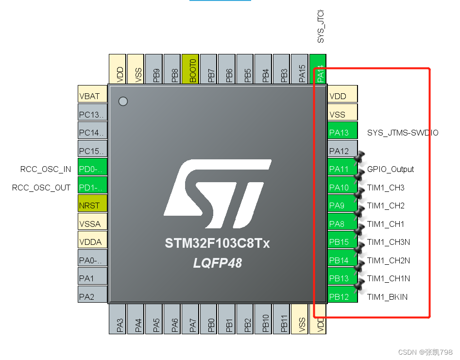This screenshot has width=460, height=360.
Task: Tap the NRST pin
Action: pos(92,206)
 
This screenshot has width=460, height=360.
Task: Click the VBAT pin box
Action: pos(92,96)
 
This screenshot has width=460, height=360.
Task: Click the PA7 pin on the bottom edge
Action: pos(192,319)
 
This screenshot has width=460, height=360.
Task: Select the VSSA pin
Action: pos(92,223)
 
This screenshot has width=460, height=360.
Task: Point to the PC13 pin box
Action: pos(92,114)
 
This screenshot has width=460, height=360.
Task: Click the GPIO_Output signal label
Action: pos(391,169)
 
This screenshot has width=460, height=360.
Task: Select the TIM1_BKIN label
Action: pos(387,297)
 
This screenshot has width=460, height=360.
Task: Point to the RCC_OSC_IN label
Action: pos(46,169)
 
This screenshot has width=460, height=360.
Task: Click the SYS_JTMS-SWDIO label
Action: pos(403,132)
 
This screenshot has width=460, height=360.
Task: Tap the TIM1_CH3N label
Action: pos(388,242)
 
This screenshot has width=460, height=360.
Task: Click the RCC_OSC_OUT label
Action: pos(41,188)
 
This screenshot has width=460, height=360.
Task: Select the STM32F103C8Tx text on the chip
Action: pos(217,243)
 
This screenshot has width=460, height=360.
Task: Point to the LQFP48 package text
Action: pos(217,263)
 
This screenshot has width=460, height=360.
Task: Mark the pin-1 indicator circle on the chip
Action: pos(123,101)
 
